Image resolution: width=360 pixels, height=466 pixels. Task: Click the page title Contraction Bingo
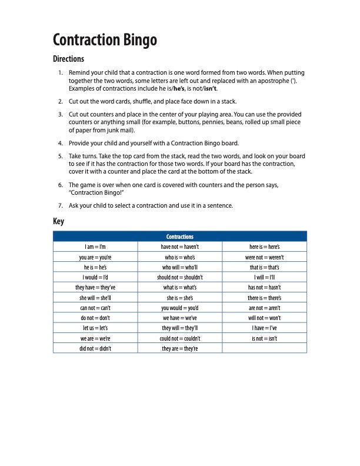coord(105,40)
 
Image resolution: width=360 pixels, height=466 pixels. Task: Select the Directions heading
coord(69,59)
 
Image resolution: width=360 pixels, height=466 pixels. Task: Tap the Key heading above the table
coord(58,221)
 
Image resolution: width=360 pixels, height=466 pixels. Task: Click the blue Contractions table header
coord(180,237)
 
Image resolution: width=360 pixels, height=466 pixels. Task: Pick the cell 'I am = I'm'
coord(95,247)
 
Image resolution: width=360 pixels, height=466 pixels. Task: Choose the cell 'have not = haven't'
coord(180,247)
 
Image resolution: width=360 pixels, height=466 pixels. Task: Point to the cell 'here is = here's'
coord(265,247)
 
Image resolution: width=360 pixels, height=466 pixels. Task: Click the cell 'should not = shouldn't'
coord(180,277)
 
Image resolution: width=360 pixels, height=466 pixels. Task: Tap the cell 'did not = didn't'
coord(95,348)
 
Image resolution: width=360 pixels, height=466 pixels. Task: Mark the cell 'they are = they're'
coord(180,348)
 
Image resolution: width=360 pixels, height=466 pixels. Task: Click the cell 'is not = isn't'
coord(265,338)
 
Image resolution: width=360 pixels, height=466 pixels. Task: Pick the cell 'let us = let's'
coord(95,328)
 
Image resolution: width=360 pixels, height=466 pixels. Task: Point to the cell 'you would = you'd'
coord(180,308)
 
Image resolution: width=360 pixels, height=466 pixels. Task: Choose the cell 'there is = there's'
coord(265,298)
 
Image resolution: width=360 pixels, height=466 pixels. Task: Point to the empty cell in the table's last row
coord(265,348)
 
